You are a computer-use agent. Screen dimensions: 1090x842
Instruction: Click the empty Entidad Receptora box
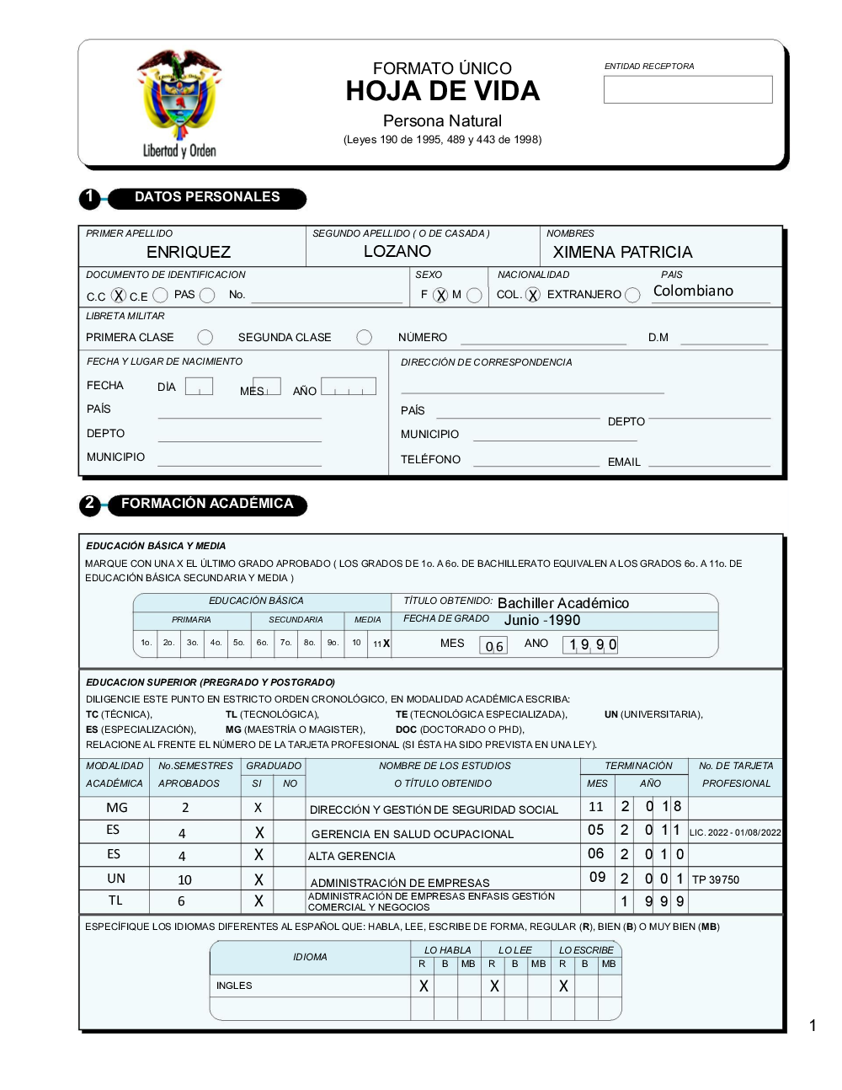[x=687, y=90]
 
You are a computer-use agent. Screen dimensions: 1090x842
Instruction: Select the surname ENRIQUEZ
[x=189, y=252]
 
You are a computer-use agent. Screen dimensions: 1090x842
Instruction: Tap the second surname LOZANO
[x=397, y=251]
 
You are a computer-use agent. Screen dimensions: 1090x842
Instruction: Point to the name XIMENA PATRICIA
[x=622, y=252]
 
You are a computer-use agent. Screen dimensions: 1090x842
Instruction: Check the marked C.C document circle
[x=119, y=295]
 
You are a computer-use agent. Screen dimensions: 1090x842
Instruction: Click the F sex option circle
[x=440, y=295]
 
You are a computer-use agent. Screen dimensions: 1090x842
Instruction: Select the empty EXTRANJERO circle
[x=632, y=295]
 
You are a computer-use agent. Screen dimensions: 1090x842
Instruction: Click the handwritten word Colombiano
[x=693, y=291]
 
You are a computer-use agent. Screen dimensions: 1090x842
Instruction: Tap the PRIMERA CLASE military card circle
[x=205, y=337]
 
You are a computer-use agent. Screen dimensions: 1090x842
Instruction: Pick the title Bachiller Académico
[x=563, y=603]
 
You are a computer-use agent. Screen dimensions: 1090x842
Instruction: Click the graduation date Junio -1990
[x=542, y=620]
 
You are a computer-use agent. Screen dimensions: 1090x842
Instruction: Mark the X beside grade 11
[x=386, y=644]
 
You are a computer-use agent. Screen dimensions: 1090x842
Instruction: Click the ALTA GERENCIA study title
[x=352, y=856]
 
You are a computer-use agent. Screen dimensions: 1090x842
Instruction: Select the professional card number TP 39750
[x=716, y=879]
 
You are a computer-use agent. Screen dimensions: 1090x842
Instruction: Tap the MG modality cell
[x=116, y=807]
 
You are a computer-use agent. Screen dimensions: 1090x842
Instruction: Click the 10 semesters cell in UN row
[x=184, y=879]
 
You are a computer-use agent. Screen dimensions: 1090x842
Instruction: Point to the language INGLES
[x=234, y=986]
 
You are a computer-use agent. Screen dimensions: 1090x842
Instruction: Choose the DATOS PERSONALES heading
[x=207, y=197]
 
